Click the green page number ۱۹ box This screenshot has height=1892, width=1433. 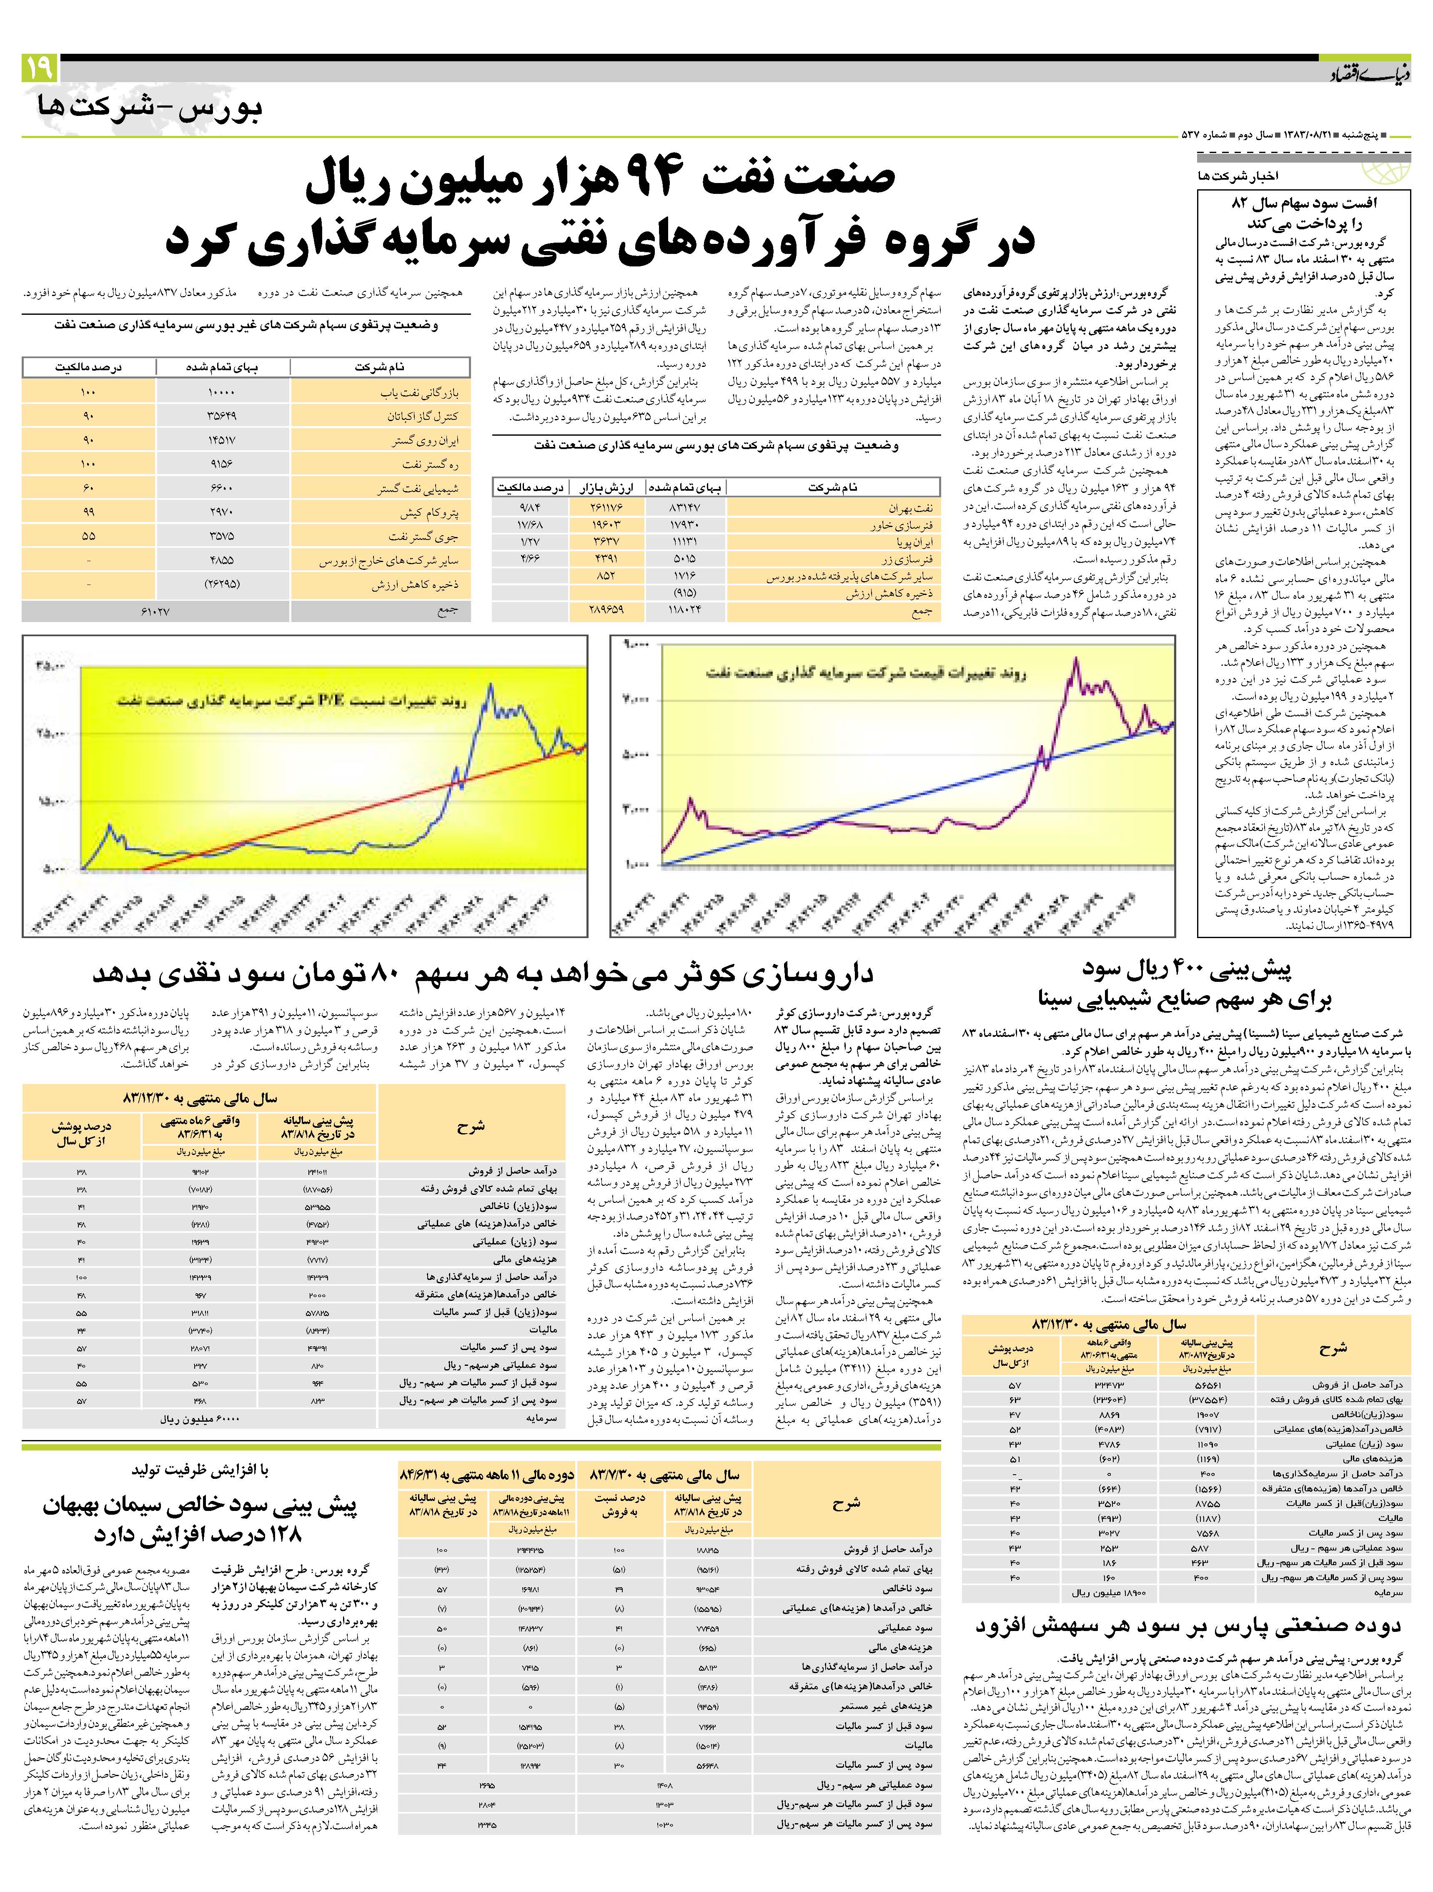39,67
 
